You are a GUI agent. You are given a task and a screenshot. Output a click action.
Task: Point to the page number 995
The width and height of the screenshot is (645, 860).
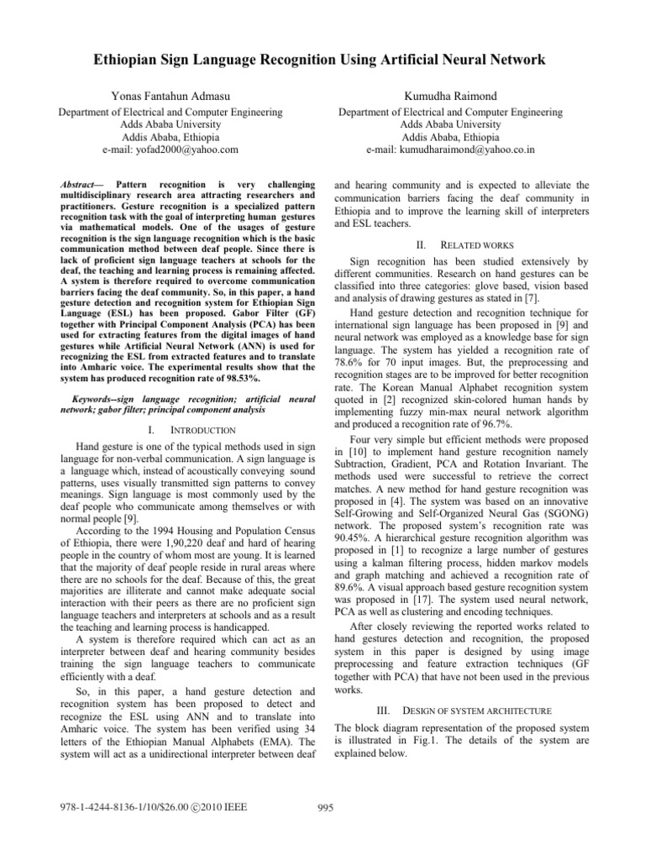[322, 808]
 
